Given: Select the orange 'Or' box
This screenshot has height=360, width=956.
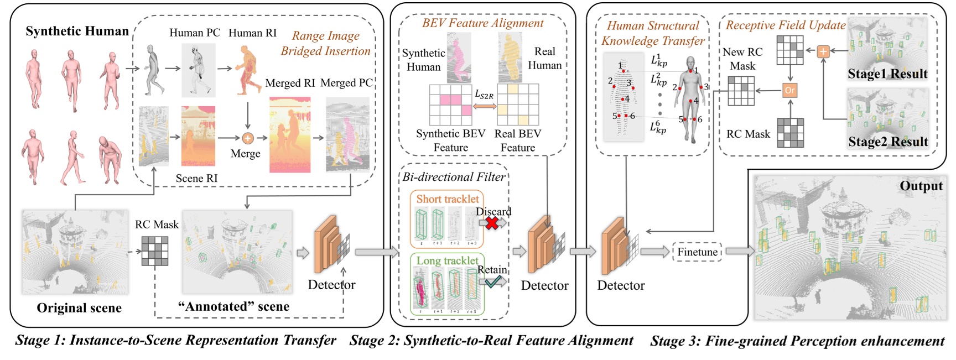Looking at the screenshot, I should [790, 90].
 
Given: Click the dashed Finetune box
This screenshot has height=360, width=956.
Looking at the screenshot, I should [697, 252].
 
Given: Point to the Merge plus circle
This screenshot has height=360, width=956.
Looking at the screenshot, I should [248, 138].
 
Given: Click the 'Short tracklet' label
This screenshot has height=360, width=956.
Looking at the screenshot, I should [448, 199].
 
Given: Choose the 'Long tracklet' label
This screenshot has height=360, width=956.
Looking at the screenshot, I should [447, 260].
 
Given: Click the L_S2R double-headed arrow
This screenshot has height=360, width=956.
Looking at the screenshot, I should [485, 106].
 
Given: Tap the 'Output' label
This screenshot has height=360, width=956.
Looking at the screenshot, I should [921, 186].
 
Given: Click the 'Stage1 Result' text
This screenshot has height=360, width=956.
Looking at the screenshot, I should [887, 74].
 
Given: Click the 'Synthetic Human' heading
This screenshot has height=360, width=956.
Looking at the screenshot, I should [77, 31].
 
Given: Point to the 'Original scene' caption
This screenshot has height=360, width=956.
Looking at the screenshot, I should [79, 308].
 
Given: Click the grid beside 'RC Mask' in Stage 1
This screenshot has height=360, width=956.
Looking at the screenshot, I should [155, 251].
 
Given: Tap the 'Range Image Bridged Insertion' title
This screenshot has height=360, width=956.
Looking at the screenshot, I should [325, 43].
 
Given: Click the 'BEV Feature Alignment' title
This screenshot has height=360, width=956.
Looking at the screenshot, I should [482, 23].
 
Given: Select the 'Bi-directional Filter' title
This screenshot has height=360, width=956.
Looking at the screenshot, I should [454, 177].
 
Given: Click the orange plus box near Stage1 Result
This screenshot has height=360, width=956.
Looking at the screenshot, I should [823, 51].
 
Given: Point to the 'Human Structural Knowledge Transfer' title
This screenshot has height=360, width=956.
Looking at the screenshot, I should [653, 33].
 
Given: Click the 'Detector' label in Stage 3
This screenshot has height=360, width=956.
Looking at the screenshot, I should [621, 285].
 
